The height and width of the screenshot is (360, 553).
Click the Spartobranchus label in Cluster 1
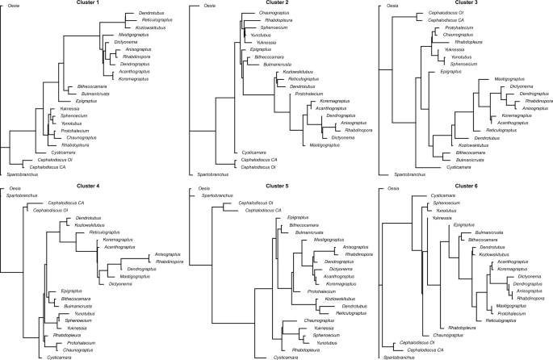(22, 174)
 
